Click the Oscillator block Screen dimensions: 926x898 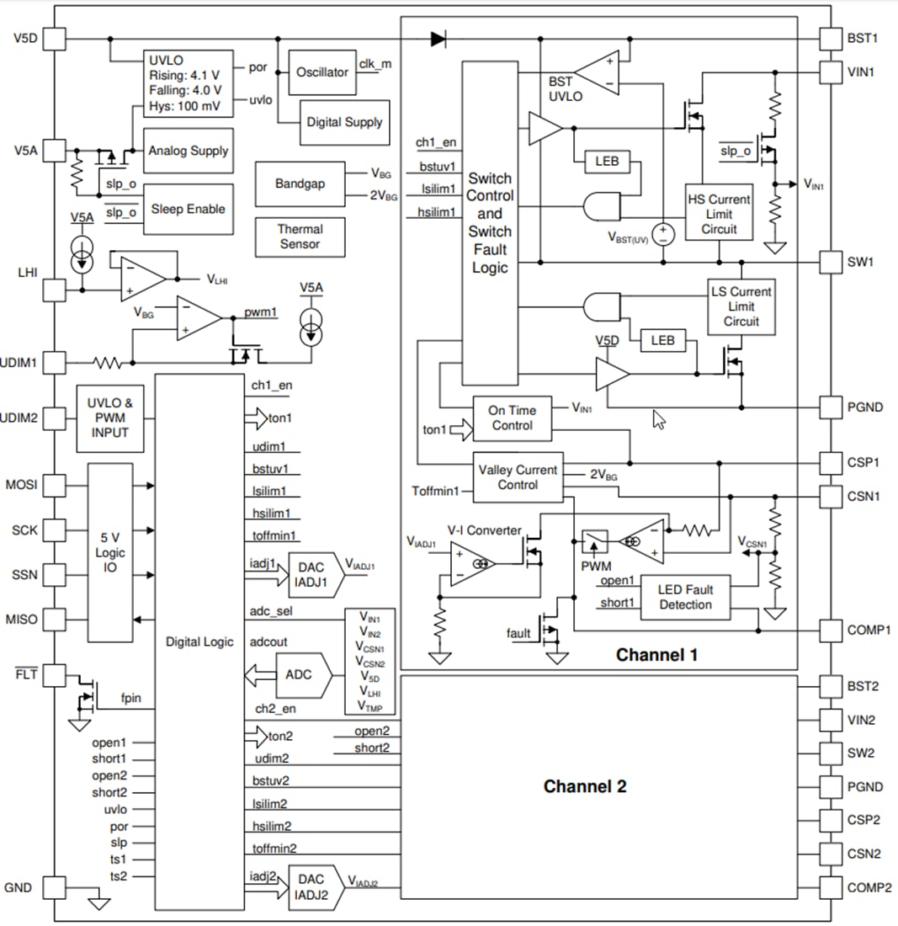click(x=321, y=72)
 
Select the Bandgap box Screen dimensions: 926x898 click(x=300, y=184)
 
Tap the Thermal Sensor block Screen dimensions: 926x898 click(x=300, y=236)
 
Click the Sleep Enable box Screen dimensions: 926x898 click(x=188, y=209)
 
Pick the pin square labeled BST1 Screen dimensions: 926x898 click(x=830, y=38)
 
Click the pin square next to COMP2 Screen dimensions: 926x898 click(x=830, y=887)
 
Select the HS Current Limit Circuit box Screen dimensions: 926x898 click(x=719, y=211)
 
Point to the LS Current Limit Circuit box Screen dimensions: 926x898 click(x=741, y=306)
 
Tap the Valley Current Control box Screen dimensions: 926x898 click(x=518, y=477)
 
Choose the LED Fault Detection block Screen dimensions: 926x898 click(x=685, y=597)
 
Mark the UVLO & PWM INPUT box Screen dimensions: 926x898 click(x=110, y=418)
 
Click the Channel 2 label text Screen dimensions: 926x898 click(x=585, y=787)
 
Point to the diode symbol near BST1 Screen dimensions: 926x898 click(x=438, y=38)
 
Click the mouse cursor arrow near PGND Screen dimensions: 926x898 click(x=659, y=418)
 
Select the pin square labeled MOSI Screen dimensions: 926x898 click(x=54, y=486)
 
